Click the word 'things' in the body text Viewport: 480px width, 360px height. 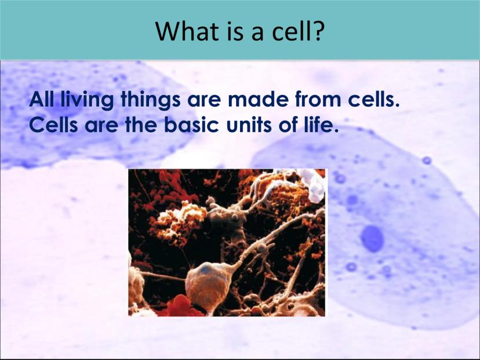pos(151,100)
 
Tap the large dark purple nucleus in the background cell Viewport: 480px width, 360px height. pos(372,239)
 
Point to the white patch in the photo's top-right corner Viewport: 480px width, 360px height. pos(314,184)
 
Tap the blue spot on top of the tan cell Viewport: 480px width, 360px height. pos(206,269)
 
